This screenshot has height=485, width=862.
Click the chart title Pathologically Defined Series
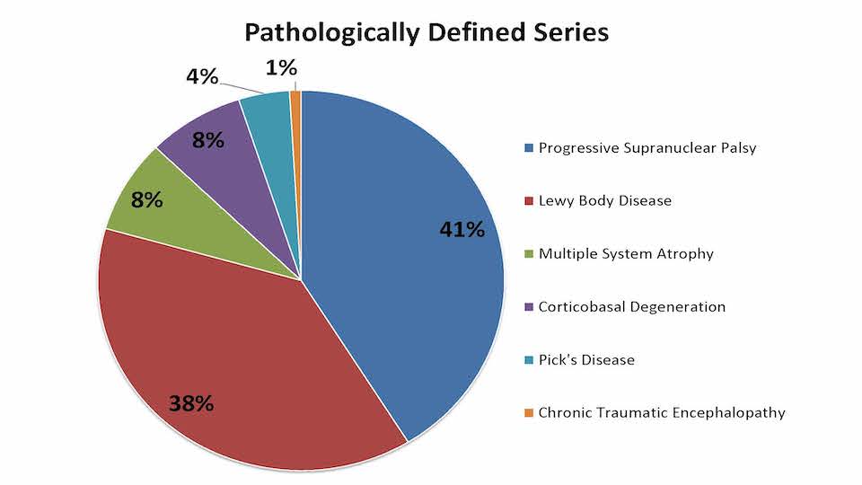coord(427,33)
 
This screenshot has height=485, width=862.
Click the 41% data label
coord(462,230)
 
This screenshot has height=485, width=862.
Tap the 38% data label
coord(191,403)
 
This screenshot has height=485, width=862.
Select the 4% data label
coord(202,76)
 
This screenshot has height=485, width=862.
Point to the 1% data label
coord(281,67)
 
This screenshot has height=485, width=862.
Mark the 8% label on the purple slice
coord(207,140)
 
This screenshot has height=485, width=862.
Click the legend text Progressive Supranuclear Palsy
coord(647,147)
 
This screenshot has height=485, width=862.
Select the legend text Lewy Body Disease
coord(604,200)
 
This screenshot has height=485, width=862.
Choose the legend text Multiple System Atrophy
coord(626,253)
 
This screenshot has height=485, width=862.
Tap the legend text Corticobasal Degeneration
coord(631,306)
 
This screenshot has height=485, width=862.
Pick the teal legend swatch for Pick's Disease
coord(529,360)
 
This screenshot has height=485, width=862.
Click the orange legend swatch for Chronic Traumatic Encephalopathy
coord(529,413)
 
